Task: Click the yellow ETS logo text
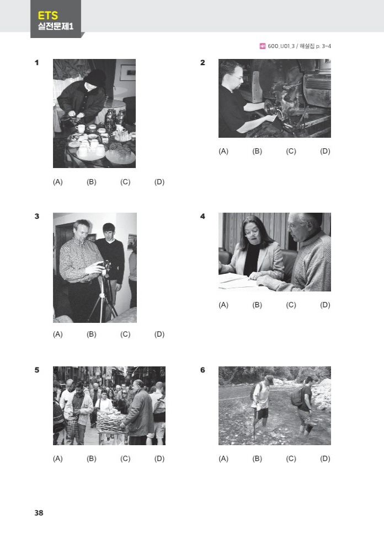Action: (47, 15)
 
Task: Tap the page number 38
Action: (39, 512)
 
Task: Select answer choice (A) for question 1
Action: (58, 182)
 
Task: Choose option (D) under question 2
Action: (325, 151)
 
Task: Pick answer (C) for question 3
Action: (125, 334)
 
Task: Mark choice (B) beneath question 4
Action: (257, 305)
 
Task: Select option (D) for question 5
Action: (159, 458)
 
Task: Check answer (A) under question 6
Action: (223, 458)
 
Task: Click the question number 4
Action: (202, 217)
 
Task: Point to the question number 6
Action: (202, 370)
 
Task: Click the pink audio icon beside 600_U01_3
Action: (263, 46)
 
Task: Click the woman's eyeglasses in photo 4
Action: (252, 233)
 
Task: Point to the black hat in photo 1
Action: (95, 78)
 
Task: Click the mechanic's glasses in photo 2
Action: (238, 77)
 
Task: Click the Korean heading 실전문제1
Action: (55, 26)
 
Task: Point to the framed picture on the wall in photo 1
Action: (127, 72)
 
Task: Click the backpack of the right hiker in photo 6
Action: (296, 397)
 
